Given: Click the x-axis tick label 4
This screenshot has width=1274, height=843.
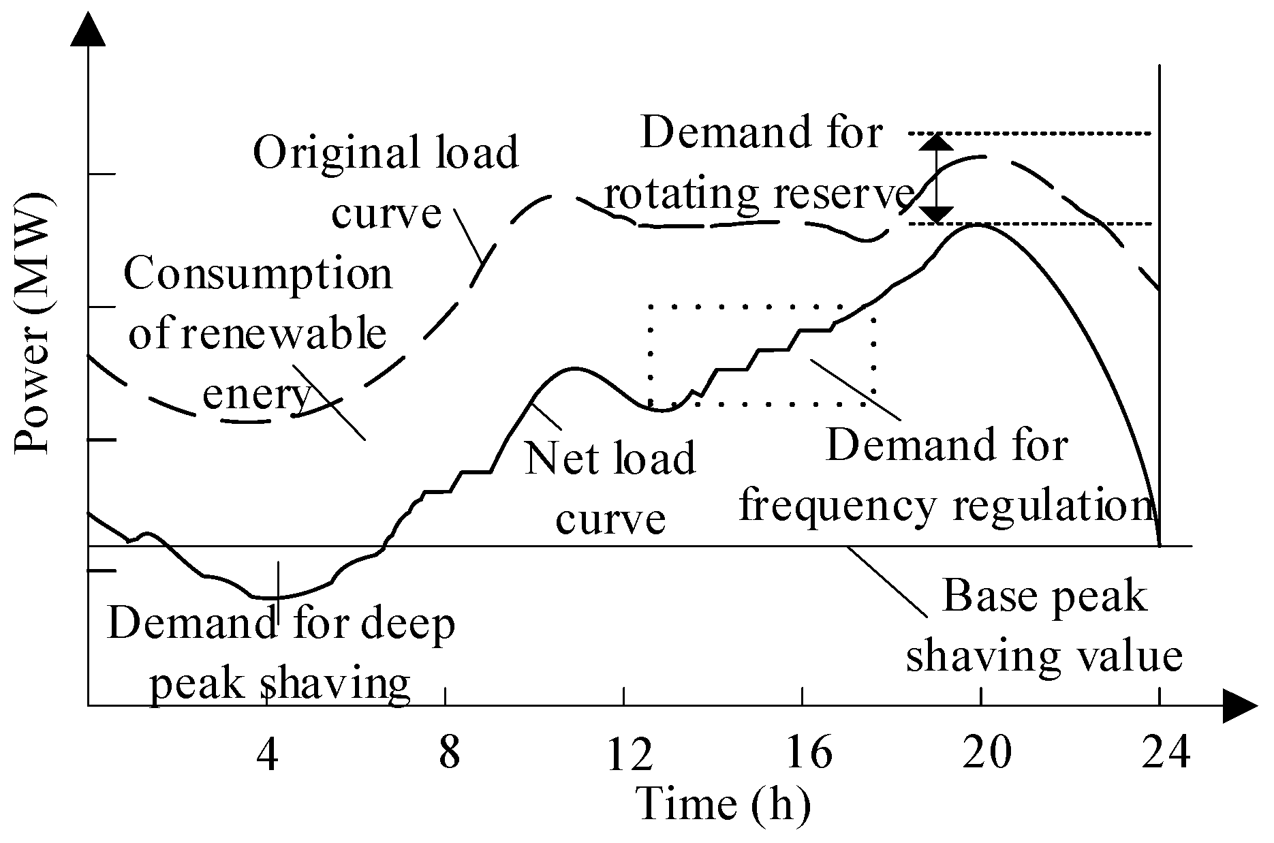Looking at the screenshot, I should tap(269, 754).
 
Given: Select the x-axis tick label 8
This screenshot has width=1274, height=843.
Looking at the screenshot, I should tap(449, 754).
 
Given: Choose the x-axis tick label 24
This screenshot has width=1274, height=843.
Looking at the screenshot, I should tap(1166, 754).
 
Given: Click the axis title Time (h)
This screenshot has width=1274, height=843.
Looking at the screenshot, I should tap(724, 804).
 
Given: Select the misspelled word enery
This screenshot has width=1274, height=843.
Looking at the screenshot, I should tap(257, 394).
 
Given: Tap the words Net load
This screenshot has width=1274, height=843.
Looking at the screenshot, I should tap(610, 458).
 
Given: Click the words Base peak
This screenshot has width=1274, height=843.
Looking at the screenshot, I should tap(1044, 597).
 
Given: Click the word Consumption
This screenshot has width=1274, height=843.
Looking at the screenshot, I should tap(258, 274).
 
